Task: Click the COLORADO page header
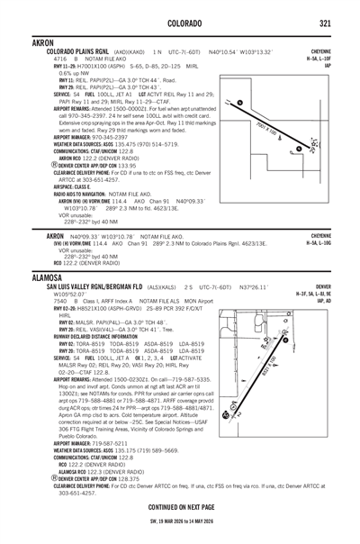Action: [x=180, y=22]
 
